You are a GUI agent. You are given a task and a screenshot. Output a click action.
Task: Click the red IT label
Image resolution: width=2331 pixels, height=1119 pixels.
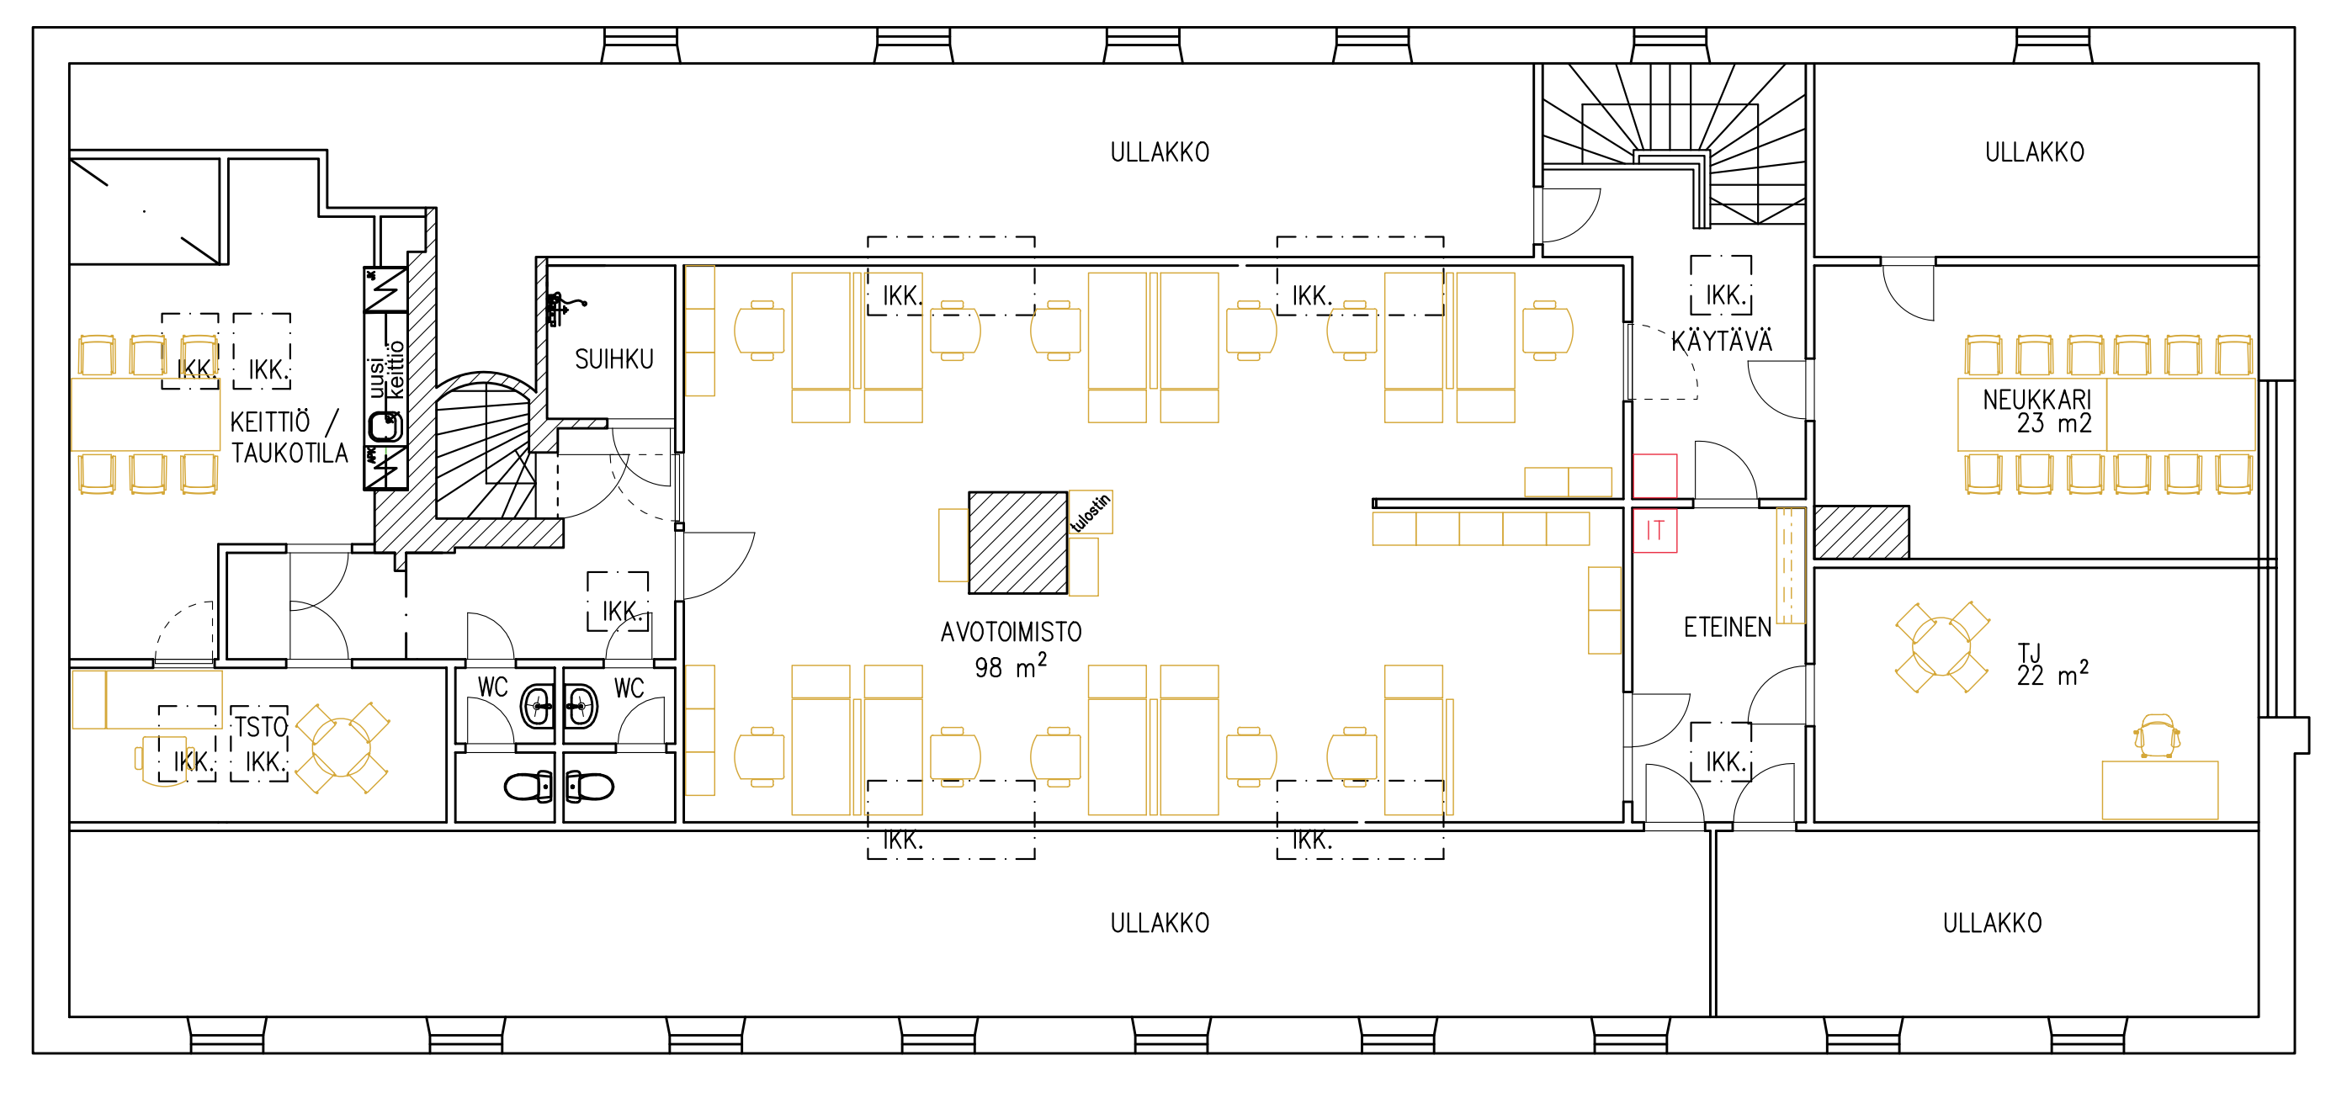point(1654,531)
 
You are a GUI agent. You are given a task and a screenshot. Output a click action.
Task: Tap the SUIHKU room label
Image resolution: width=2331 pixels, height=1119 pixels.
point(613,359)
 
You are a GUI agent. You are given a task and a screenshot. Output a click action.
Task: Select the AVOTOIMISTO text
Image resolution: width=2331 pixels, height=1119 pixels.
point(1011,631)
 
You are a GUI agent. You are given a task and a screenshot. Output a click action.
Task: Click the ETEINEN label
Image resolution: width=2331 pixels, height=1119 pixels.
point(1728,627)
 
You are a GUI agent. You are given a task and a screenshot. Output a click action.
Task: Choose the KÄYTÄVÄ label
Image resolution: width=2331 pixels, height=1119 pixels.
point(1721,341)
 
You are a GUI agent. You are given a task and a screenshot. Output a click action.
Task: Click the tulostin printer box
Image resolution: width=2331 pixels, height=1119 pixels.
point(1091,512)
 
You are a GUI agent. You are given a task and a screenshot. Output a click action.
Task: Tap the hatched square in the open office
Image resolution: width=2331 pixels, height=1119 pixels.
point(1018,543)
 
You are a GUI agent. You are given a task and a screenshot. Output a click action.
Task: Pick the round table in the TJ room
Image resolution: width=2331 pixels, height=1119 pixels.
point(1942,648)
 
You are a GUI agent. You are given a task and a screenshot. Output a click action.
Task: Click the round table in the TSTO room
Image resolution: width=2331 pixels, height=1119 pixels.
point(341,747)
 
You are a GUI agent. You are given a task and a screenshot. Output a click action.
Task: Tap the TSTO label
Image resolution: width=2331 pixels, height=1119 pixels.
point(261,727)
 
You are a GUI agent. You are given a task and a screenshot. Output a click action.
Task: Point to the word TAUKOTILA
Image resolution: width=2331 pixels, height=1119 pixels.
point(289,453)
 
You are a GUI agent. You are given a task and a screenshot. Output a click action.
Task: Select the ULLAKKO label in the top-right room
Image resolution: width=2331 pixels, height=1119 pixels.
point(2034,152)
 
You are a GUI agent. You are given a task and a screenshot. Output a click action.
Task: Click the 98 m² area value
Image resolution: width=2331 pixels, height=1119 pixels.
point(1011,666)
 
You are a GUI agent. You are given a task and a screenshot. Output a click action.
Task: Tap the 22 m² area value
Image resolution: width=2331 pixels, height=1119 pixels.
point(2052,674)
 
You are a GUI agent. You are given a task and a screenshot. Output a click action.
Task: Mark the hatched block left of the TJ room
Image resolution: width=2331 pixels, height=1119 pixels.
point(1861,532)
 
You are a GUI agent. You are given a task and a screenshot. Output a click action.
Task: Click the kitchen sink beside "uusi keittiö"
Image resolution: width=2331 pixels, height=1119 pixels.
point(385,426)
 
